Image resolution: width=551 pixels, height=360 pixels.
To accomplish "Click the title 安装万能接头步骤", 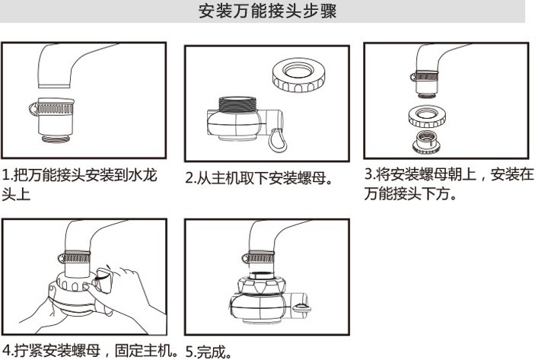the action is (267, 11).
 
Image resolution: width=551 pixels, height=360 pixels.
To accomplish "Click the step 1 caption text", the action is (79, 185).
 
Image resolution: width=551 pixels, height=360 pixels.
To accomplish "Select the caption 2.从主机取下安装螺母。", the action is (259, 178).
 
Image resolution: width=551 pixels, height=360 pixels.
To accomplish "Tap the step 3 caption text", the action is (449, 184).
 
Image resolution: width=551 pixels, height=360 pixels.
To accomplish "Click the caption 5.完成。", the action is (209, 352).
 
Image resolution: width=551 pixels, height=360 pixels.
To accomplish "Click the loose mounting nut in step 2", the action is (298, 75).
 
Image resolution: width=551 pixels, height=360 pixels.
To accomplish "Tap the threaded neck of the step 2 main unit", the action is (238, 104).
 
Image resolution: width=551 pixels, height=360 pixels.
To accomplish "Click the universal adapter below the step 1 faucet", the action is (53, 120).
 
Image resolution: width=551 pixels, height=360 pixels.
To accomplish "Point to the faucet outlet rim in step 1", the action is (55, 86).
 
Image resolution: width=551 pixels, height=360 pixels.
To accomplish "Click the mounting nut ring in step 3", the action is (427, 116).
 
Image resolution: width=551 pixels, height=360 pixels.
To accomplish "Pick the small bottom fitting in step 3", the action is (427, 142).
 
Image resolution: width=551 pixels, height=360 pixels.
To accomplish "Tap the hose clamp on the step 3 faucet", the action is (425, 76).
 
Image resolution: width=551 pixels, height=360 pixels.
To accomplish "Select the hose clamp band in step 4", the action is (75, 258).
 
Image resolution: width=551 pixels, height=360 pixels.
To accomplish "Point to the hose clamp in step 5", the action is (258, 258).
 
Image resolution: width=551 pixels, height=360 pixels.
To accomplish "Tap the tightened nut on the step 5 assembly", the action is (260, 285).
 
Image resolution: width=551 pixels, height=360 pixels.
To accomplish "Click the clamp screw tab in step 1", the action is (33, 109).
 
